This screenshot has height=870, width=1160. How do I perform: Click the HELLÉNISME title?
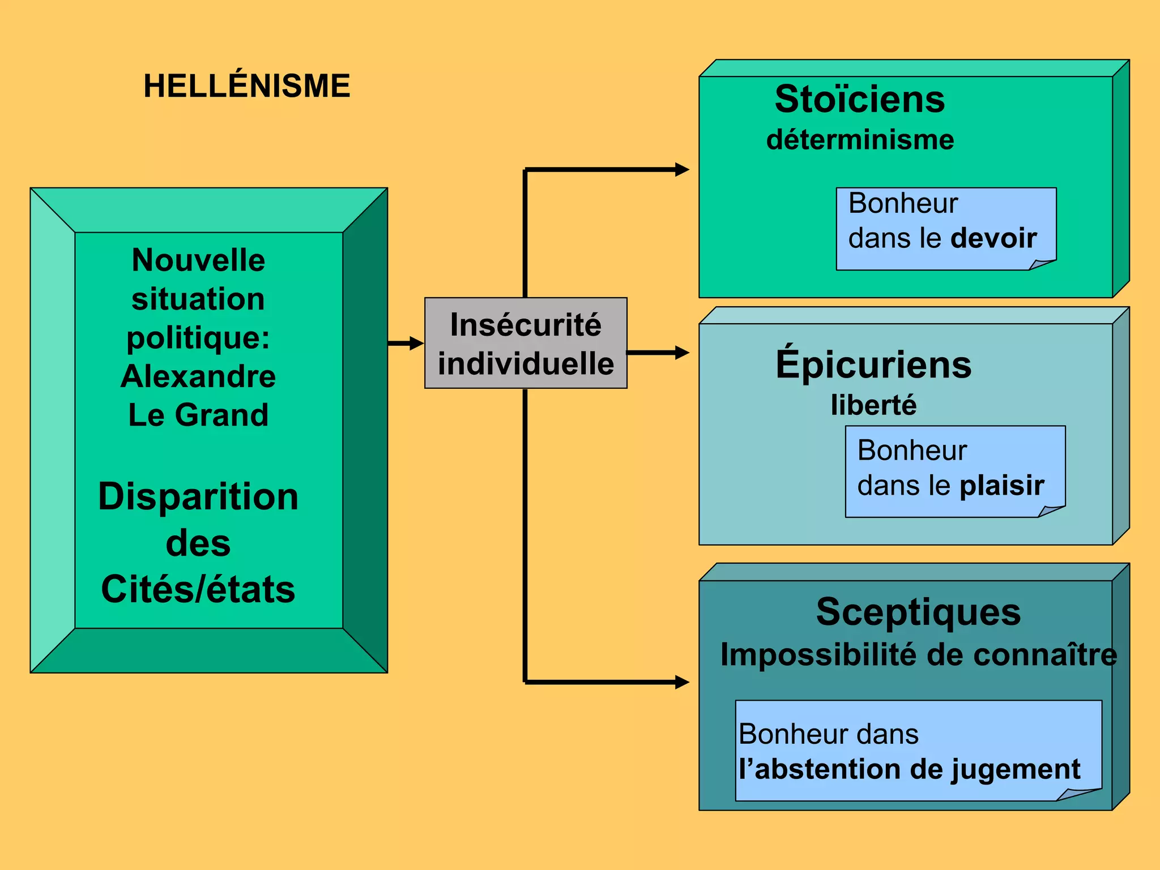point(247,86)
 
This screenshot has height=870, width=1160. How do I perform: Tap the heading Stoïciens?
point(860,99)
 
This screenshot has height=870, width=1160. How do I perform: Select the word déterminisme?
point(860,140)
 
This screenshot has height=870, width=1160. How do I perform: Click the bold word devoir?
point(994,238)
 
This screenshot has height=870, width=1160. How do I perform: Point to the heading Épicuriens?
point(873,365)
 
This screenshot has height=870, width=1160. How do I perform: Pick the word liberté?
point(873,405)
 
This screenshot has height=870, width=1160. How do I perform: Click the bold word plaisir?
point(1002,486)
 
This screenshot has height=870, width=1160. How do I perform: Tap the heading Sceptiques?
point(918,612)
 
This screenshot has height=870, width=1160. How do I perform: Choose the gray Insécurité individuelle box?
point(526,343)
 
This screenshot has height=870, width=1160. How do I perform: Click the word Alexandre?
point(198,376)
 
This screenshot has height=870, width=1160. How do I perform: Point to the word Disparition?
point(198,496)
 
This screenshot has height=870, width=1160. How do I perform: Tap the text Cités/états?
point(198,589)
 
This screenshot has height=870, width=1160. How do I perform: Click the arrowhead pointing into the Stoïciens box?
point(682,169)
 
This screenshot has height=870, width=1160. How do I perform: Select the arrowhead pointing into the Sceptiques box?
point(682,682)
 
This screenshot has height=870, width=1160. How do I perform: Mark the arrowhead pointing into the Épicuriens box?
point(682,353)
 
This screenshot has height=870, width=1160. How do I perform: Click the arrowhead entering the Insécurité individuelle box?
point(417,343)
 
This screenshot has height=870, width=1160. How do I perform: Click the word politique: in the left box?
point(198,338)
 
